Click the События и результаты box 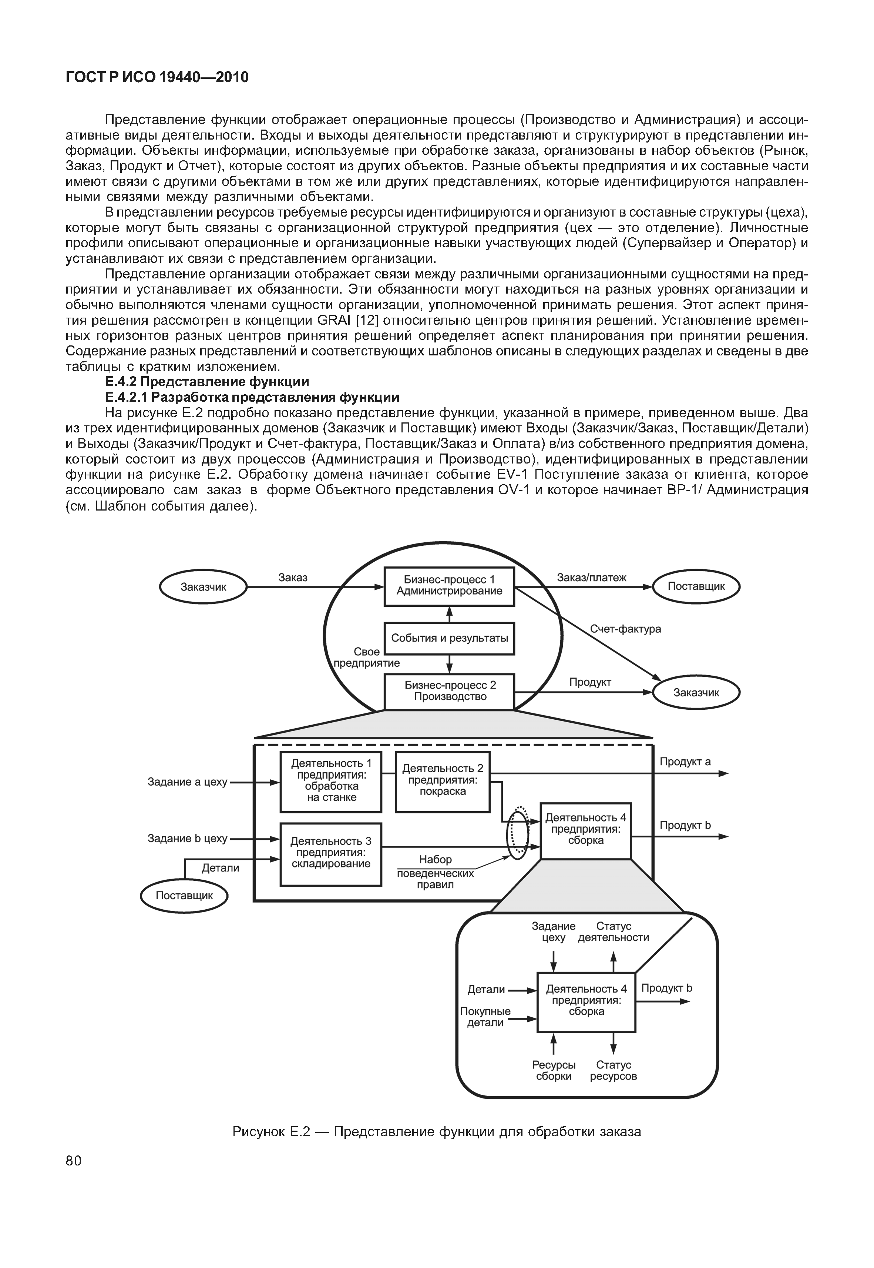pyautogui.click(x=449, y=638)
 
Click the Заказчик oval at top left pyautogui.click(x=203, y=587)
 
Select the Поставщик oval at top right pyautogui.click(x=696, y=586)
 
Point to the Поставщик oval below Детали pyautogui.click(x=184, y=896)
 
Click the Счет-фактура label pyautogui.click(x=625, y=629)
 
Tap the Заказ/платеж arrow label pyautogui.click(x=591, y=578)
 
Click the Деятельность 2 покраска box pyautogui.click(x=443, y=780)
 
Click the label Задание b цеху pyautogui.click(x=187, y=839)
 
